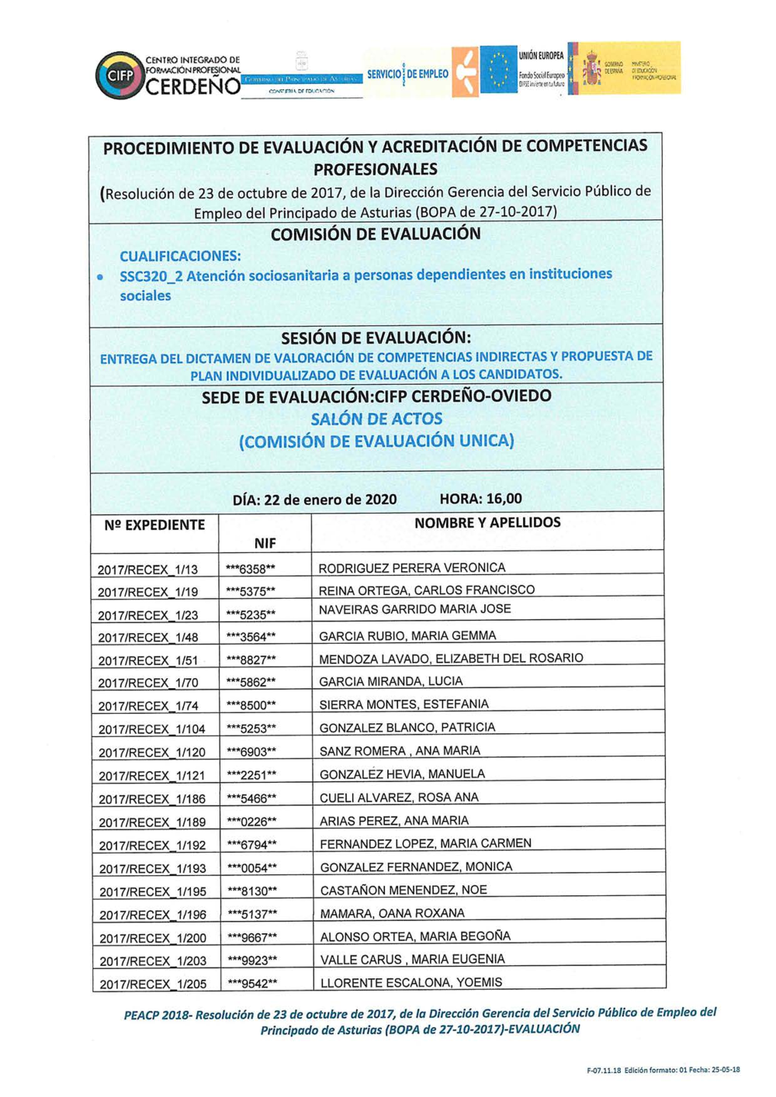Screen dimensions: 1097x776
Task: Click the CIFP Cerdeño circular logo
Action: point(119,75)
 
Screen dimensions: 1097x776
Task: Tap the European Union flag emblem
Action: point(498,70)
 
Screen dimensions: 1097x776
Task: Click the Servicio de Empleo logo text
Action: point(407,74)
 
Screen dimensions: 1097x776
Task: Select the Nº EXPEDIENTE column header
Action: point(154,525)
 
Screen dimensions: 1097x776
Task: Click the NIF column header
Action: point(265,543)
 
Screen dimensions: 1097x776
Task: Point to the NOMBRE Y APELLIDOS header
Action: point(487,523)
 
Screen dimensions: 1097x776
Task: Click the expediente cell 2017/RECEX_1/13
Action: point(147,569)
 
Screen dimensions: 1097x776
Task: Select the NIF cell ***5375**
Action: point(251,591)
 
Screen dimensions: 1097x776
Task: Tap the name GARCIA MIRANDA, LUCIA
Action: point(391,681)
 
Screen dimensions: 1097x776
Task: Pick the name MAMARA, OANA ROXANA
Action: point(393,913)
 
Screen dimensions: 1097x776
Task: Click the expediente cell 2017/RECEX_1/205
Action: point(153,984)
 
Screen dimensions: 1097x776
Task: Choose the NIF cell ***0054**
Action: point(252,868)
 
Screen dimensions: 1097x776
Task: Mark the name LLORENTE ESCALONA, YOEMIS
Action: point(411,982)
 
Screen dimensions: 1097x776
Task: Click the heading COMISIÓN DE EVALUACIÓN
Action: point(376,234)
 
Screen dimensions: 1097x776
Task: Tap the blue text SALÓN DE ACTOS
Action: point(376,419)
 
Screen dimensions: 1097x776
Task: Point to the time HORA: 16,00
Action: point(480,499)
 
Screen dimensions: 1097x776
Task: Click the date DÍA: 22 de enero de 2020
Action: point(314,500)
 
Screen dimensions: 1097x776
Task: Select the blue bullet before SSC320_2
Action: point(100,276)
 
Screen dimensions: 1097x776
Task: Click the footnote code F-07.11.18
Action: point(604,1071)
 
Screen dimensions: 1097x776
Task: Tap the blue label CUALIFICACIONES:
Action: point(180,256)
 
